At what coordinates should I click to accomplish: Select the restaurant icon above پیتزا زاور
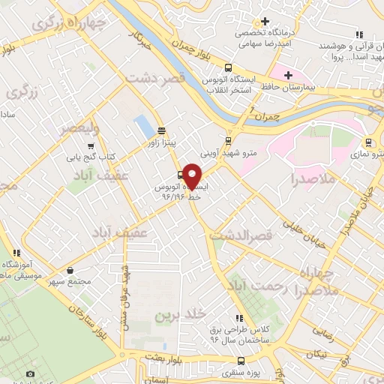[161, 130]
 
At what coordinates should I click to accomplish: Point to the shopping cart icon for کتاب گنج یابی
[91, 146]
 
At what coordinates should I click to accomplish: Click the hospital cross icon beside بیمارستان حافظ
[288, 75]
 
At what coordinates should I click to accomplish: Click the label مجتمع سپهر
[70, 283]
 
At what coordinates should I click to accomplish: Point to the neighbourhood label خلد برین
[173, 317]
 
